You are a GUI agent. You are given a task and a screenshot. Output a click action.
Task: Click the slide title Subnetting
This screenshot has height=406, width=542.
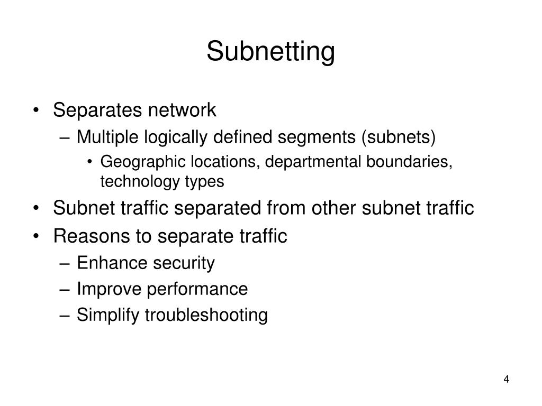[270, 52]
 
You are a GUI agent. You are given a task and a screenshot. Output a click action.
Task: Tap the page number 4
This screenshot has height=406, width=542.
[507, 380]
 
